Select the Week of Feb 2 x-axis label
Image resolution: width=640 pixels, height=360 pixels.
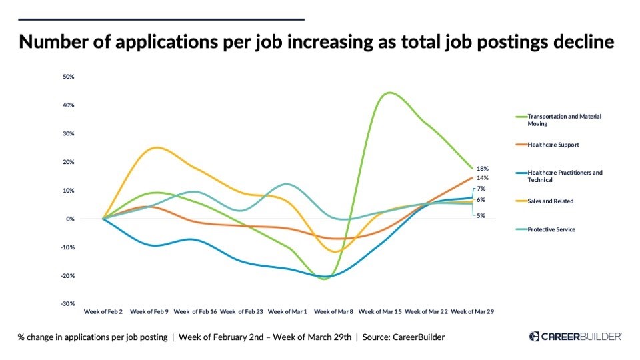103,311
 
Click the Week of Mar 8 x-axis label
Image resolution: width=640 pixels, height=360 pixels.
333,311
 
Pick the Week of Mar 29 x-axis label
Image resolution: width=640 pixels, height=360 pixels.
472,311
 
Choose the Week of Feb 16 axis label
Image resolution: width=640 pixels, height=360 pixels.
195,311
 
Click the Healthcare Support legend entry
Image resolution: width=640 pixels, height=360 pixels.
553,145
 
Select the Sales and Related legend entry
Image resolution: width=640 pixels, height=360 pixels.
550,201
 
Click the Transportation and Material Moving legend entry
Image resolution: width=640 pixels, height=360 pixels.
563,120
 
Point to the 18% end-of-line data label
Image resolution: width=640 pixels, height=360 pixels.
483,169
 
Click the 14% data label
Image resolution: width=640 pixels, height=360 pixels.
483,178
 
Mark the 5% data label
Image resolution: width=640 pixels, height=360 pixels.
481,215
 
